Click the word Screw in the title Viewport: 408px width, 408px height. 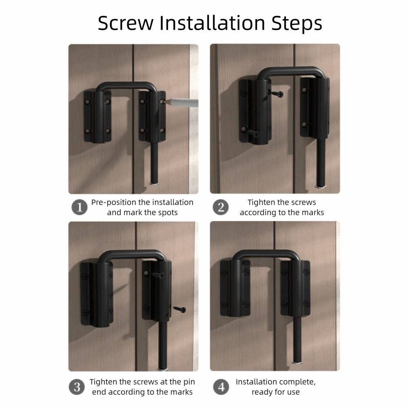click(x=125, y=23)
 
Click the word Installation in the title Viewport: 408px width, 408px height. click(x=212, y=23)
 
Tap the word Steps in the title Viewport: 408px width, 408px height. click(x=297, y=24)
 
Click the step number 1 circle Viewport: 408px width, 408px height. click(x=80, y=207)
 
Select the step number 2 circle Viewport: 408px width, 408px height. click(x=221, y=207)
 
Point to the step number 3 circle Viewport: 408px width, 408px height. click(x=77, y=387)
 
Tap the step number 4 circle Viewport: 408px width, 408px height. click(x=221, y=387)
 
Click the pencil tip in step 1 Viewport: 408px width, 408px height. click(x=164, y=102)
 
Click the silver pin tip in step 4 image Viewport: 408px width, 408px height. click(x=297, y=362)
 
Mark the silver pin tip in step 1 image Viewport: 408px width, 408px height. click(x=155, y=184)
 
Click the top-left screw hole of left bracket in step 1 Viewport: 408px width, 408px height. click(x=87, y=102)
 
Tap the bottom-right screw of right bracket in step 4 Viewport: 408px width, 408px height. click(x=306, y=304)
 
